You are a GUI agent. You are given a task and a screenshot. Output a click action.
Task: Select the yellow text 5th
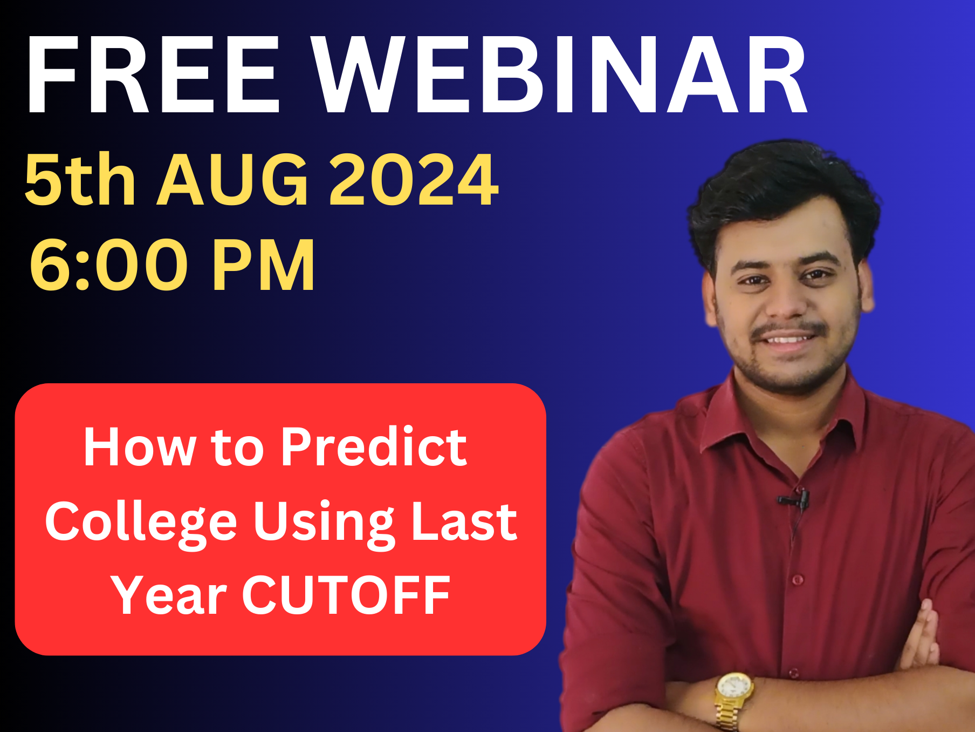click(x=80, y=180)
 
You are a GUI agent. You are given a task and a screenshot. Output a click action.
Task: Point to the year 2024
click(x=414, y=180)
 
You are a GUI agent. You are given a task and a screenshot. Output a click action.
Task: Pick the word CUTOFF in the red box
click(x=346, y=595)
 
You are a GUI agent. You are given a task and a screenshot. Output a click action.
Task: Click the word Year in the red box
click(x=169, y=595)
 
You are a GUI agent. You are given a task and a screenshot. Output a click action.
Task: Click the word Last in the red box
click(x=464, y=523)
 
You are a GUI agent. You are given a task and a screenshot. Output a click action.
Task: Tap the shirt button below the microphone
click(x=798, y=580)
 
